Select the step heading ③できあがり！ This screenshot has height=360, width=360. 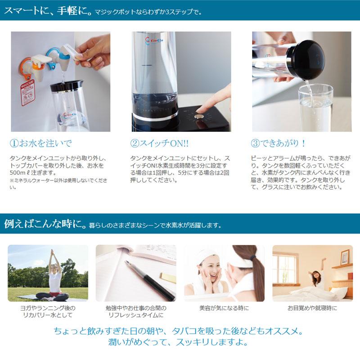point(279,144)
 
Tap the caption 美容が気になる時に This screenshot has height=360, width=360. point(224,309)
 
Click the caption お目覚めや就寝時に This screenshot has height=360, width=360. point(312,309)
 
